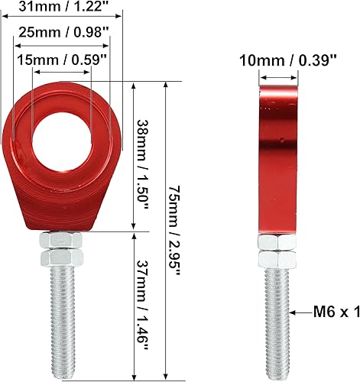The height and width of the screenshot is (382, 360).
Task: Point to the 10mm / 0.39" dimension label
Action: (x=287, y=61)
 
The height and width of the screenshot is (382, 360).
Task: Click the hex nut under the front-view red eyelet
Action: (x=64, y=245)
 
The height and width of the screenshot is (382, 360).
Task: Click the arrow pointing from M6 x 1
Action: (x=303, y=312)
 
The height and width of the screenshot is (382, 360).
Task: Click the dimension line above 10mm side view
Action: (x=277, y=76)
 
